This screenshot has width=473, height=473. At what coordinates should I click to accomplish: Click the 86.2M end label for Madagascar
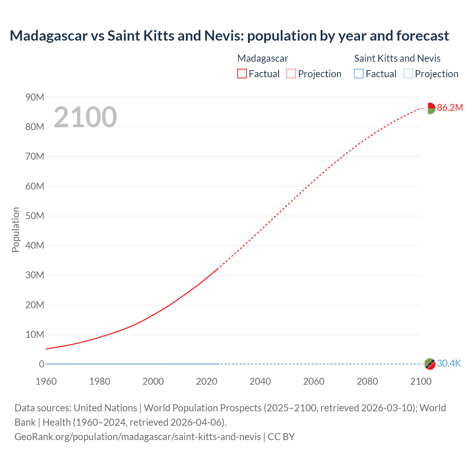click(x=450, y=108)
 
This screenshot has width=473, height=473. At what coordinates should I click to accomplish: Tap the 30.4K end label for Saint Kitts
click(x=449, y=363)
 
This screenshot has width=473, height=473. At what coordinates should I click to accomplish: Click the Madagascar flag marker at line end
click(x=430, y=108)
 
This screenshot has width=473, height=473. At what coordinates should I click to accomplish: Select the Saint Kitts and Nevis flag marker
click(x=430, y=364)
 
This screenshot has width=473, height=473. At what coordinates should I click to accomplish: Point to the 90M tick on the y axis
click(x=35, y=97)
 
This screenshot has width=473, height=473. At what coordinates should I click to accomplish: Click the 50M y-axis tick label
click(x=35, y=216)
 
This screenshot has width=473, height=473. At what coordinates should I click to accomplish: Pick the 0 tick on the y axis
click(x=41, y=364)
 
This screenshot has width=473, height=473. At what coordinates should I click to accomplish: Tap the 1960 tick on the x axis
click(x=46, y=381)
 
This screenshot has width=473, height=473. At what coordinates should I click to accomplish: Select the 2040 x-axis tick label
click(x=260, y=381)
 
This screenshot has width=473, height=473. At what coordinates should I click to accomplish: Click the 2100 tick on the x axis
click(x=421, y=381)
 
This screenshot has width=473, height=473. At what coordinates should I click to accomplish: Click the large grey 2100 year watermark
click(x=85, y=117)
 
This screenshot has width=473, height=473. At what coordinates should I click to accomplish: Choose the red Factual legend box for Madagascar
click(x=242, y=74)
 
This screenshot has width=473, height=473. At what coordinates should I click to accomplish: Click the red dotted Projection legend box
click(x=291, y=74)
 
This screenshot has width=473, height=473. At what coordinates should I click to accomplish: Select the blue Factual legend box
click(x=359, y=74)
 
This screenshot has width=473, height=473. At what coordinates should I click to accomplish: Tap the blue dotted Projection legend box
click(x=408, y=74)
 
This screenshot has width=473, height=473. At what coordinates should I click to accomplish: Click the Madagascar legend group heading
click(x=262, y=58)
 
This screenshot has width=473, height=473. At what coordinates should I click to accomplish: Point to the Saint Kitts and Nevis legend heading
click(x=397, y=58)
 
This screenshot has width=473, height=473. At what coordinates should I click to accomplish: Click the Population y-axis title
click(x=16, y=229)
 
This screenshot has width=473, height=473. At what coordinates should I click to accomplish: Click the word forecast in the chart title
click(x=423, y=36)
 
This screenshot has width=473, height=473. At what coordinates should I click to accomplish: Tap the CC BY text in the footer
click(x=281, y=437)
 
